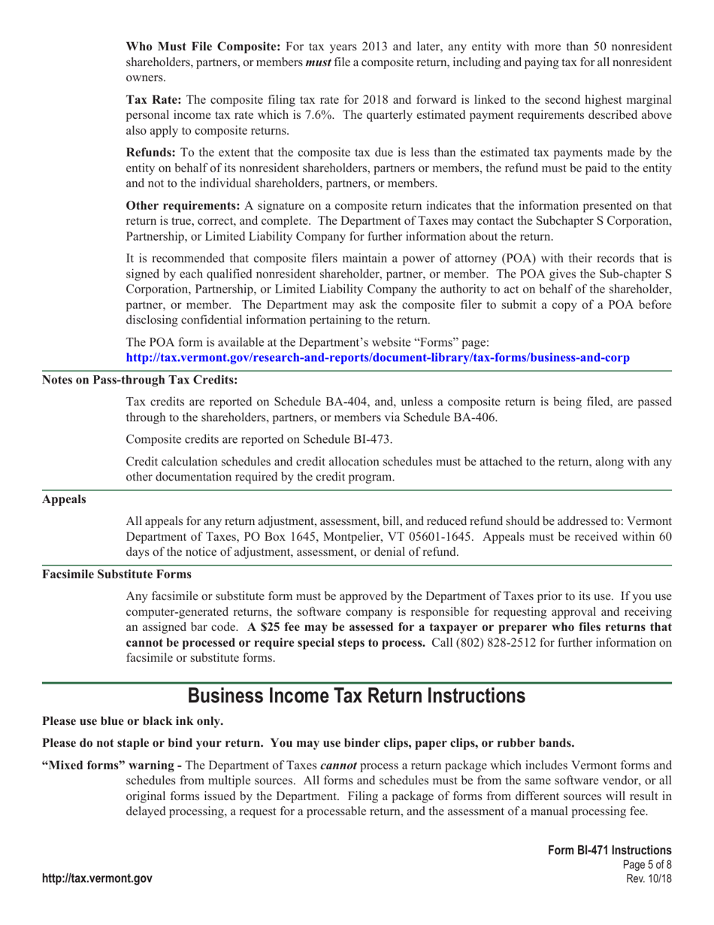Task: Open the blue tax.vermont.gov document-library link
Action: point(377,357)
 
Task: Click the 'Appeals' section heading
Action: point(63,499)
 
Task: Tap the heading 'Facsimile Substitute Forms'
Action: point(116,574)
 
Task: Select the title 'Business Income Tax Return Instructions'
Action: point(356,696)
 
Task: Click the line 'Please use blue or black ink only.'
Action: point(132,721)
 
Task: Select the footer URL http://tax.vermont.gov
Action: point(97,878)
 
